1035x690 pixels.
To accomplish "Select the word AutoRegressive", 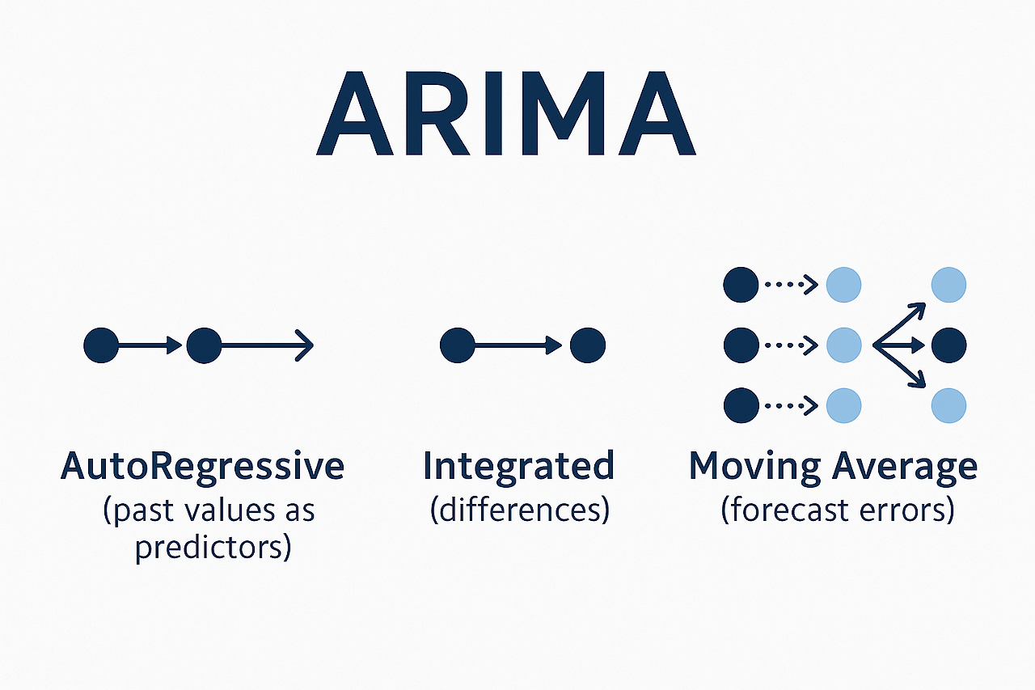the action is pyautogui.click(x=202, y=467).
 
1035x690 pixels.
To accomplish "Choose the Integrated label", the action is pyautogui.click(x=518, y=467).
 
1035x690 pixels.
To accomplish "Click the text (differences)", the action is pyautogui.click(x=519, y=510).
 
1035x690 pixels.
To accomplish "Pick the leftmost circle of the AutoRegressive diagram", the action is pyautogui.click(x=101, y=345).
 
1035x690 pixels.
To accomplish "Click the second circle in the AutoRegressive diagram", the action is pyautogui.click(x=204, y=345).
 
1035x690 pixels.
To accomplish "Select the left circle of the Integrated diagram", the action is pyautogui.click(x=458, y=345).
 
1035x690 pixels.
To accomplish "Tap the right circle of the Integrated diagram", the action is pyautogui.click(x=587, y=345).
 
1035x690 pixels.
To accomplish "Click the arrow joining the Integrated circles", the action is pyautogui.click(x=522, y=345).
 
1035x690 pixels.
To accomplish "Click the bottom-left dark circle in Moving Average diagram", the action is pyautogui.click(x=741, y=404).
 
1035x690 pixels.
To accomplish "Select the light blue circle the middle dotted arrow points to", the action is pyautogui.click(x=843, y=345).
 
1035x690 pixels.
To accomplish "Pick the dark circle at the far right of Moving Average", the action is pyautogui.click(x=948, y=345).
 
